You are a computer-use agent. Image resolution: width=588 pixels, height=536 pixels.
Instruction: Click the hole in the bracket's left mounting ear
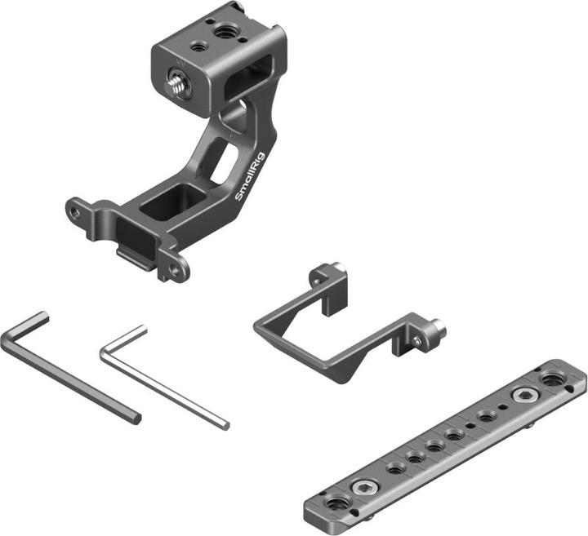pyautogui.click(x=74, y=211)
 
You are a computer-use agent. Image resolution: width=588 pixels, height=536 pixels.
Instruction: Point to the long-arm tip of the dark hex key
pyautogui.click(x=135, y=418)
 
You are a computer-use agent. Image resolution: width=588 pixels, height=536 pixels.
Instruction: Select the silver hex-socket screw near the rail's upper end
pyautogui.click(x=520, y=396)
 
